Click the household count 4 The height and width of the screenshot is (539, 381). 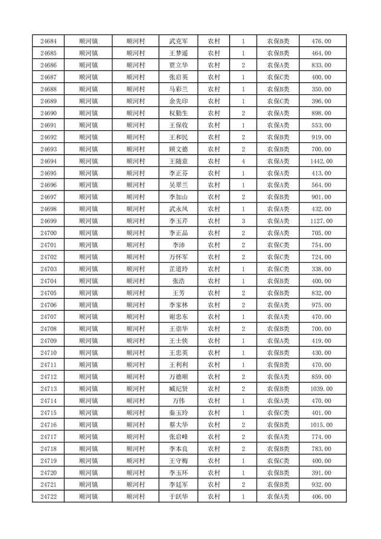point(244,161)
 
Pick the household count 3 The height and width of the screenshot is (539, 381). point(244,221)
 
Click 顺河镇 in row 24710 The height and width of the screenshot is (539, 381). point(88,353)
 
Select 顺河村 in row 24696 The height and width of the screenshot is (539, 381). point(135,185)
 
